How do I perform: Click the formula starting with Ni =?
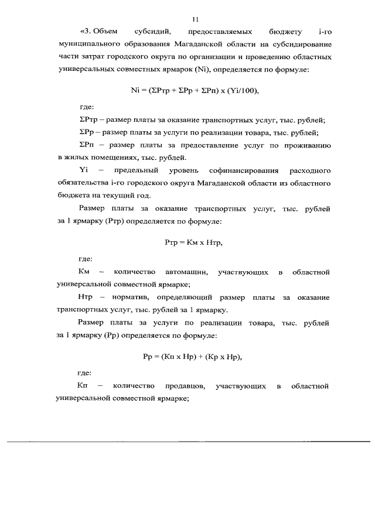tap(194, 90)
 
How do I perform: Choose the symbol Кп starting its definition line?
tap(82, 386)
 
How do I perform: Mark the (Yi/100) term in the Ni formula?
tap(240, 90)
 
